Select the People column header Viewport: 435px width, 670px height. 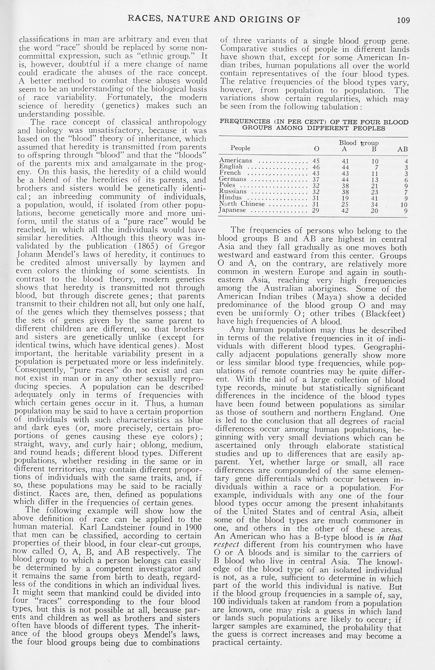coord(240,148)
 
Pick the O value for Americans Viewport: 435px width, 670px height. coord(316,161)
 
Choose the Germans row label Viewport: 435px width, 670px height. coord(233,179)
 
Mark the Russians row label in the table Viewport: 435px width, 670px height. coord(233,191)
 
